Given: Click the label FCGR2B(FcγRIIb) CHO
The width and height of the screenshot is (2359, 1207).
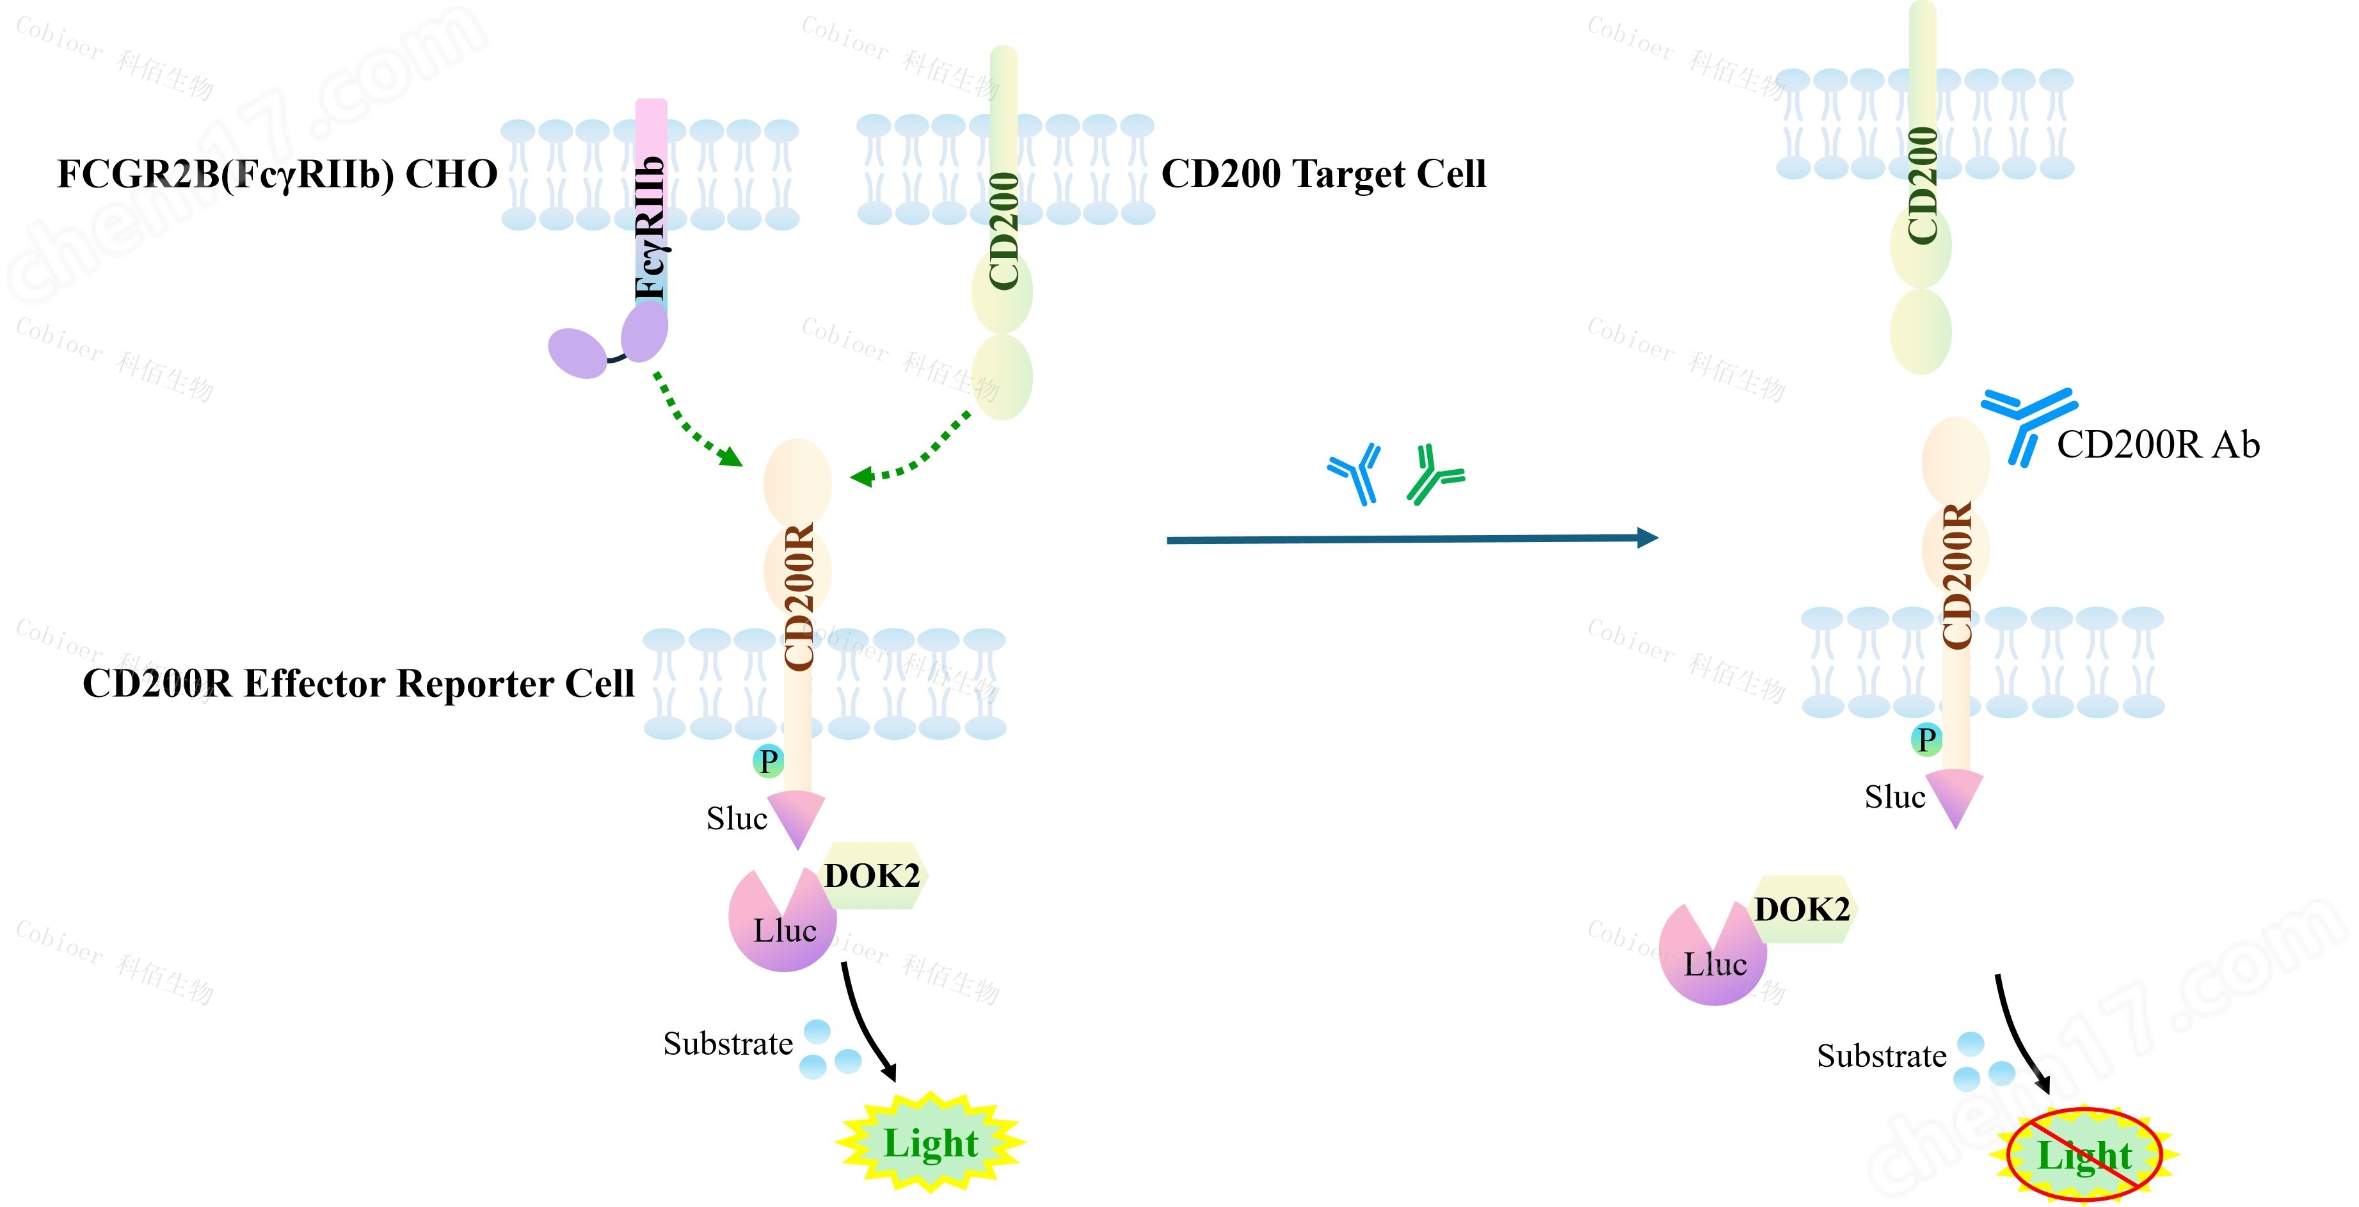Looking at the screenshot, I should click(276, 174).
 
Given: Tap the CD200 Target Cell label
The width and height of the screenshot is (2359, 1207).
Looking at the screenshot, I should click(1323, 174).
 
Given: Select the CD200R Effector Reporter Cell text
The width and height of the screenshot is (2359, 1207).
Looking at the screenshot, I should click(358, 683).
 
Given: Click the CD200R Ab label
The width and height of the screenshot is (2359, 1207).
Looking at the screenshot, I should click(2157, 445).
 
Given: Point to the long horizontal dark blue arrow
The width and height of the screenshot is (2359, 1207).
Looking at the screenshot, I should click(1411, 540).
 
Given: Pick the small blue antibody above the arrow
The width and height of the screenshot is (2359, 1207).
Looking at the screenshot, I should click(1355, 474).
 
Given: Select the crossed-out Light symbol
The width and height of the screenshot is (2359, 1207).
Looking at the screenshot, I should click(2084, 1155).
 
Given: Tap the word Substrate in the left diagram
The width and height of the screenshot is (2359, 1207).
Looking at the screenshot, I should click(728, 1044).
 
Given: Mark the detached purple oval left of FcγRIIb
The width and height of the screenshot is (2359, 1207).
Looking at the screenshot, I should click(577, 353).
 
